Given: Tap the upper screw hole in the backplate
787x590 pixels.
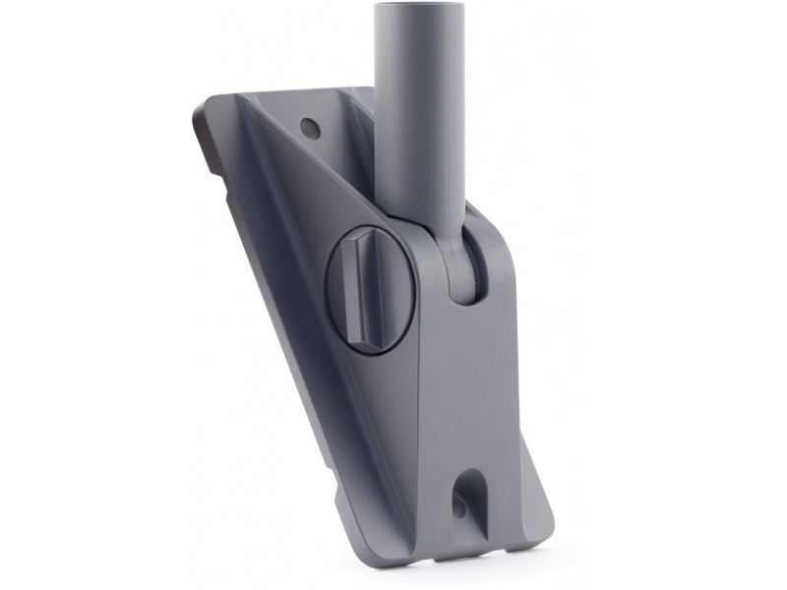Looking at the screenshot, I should pos(311,127).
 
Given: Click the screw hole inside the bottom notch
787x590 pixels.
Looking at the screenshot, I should pos(458,506).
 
